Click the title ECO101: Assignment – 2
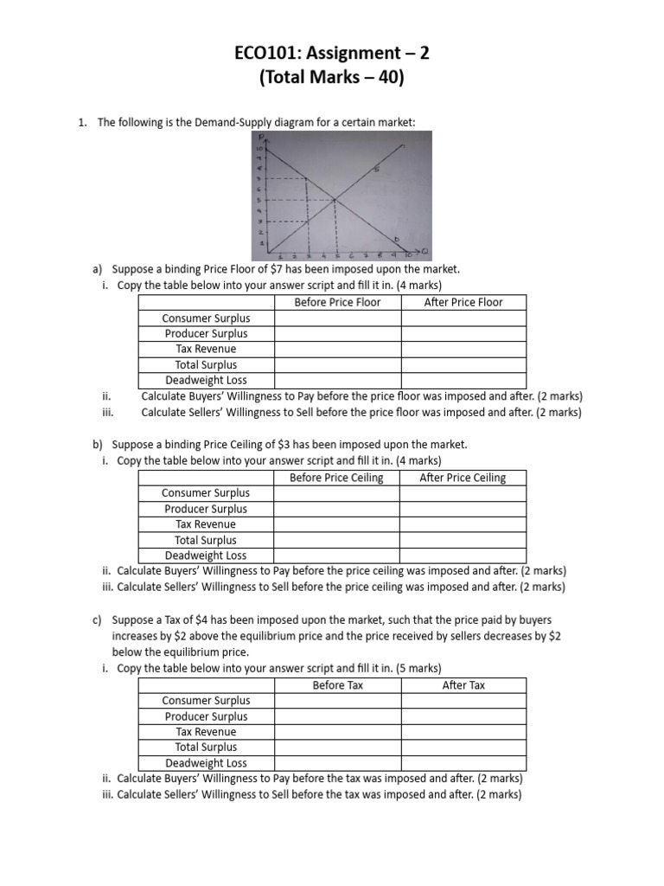[332, 55]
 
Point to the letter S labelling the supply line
[378, 170]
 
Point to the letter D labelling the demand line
[397, 239]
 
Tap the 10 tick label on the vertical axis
[258, 150]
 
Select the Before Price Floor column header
[337, 302]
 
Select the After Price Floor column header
[463, 302]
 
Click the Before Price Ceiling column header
[336, 478]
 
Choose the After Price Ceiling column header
[463, 478]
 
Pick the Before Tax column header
[337, 685]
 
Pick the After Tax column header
[463, 685]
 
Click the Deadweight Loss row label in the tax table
[206, 763]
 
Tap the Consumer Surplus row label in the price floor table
[206, 318]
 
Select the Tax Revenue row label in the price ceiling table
[206, 524]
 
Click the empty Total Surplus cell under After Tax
[463, 748]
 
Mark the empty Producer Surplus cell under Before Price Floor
[337, 334]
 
